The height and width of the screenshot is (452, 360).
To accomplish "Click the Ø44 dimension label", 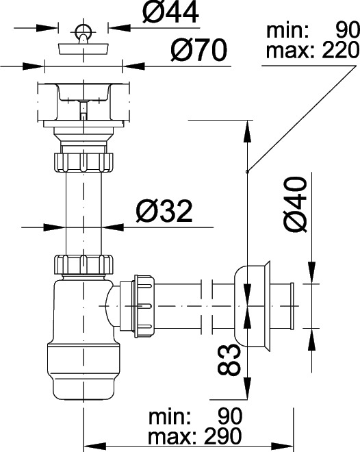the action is click(x=170, y=12).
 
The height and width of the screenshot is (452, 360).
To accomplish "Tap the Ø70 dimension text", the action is click(x=199, y=49).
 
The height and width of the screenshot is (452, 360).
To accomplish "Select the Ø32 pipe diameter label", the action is click(x=164, y=211).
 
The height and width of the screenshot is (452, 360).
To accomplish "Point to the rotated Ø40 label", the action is click(x=296, y=204).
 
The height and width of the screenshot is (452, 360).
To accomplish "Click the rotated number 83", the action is click(x=229, y=360).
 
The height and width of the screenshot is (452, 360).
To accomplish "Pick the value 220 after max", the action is click(x=341, y=50).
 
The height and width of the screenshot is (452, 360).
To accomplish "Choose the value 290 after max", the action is click(x=223, y=436).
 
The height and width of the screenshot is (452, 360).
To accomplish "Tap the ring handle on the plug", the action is click(x=83, y=30).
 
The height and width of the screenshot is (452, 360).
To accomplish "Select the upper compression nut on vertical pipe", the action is click(x=83, y=162).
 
